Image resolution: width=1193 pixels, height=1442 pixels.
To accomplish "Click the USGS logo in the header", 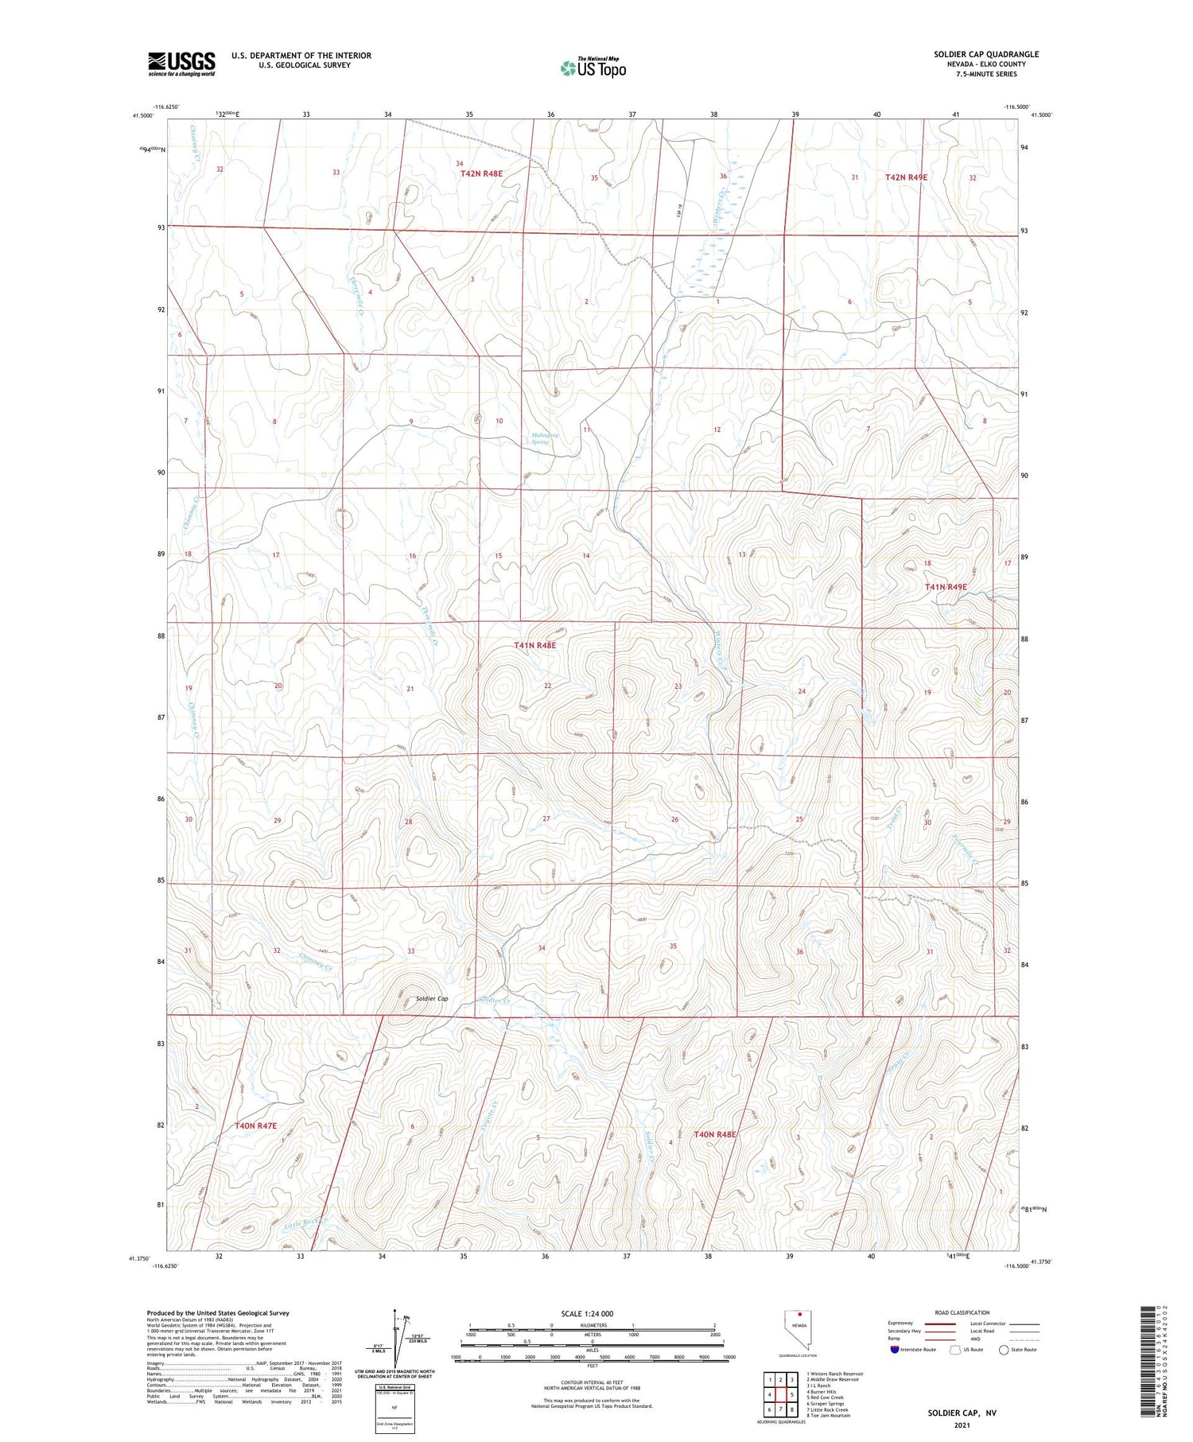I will pyautogui.click(x=181, y=64).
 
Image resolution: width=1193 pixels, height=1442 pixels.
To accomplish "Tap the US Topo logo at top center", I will pyautogui.click(x=593, y=68).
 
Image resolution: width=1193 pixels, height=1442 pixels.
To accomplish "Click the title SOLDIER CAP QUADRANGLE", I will pyautogui.click(x=985, y=55).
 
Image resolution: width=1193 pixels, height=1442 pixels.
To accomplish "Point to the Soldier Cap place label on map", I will pyautogui.click(x=432, y=999).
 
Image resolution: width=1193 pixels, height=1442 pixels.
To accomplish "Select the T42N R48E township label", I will pyautogui.click(x=481, y=173).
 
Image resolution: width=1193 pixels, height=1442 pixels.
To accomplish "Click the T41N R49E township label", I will pyautogui.click(x=946, y=587).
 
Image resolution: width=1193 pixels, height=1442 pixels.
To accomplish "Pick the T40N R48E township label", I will pyautogui.click(x=714, y=1134).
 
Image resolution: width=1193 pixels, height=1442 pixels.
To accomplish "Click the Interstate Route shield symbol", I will pyautogui.click(x=894, y=1350).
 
